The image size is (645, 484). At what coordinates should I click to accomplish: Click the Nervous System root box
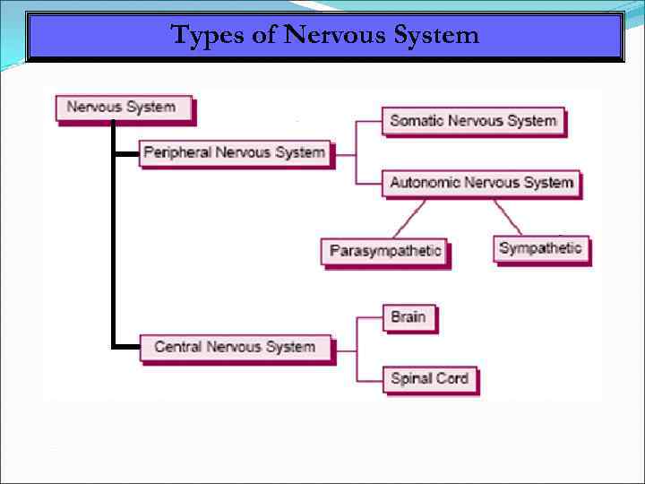pos(122,108)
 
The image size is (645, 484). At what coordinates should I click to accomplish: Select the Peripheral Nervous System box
pos(234,152)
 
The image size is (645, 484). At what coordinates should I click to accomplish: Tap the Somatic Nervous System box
pos(473,121)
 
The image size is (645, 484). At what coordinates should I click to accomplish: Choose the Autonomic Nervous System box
pos(481,183)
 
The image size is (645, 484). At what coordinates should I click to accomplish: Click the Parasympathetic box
pos(385,251)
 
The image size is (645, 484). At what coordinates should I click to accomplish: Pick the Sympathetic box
pos(540,248)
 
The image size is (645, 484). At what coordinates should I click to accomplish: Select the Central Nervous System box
pos(235,347)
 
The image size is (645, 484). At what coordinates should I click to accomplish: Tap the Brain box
pos(408,316)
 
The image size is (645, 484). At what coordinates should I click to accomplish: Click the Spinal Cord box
pos(429,378)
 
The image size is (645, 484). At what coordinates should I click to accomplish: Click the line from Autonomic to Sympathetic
pos(508,216)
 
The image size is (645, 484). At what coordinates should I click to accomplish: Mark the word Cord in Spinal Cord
pos(451,378)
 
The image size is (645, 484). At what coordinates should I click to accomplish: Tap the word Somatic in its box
pos(417,121)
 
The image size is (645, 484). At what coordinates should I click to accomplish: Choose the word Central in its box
pos(178,347)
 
